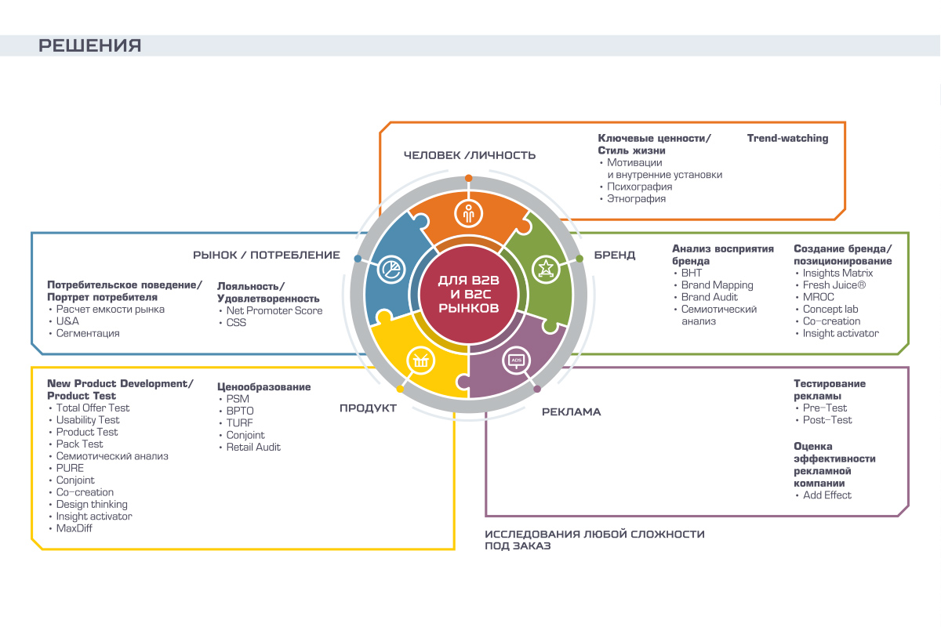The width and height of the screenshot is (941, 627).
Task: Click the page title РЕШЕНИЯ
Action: [90, 45]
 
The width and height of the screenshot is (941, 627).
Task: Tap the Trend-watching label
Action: [787, 139]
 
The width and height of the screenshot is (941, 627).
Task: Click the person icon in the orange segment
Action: [469, 212]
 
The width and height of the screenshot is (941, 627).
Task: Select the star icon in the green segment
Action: [543, 269]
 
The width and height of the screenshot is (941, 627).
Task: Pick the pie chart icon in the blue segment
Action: [390, 270]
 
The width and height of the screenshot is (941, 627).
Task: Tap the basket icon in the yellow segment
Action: [420, 361]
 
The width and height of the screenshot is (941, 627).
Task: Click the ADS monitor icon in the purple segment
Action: [516, 361]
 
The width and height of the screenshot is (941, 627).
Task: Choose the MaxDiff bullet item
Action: [74, 529]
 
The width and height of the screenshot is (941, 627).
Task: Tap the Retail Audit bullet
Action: [253, 448]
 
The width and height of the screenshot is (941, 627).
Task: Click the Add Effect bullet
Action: [827, 495]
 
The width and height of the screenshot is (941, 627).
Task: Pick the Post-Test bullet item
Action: [827, 420]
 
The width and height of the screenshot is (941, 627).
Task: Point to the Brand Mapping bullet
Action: [717, 285]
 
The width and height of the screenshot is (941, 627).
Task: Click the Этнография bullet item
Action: [636, 199]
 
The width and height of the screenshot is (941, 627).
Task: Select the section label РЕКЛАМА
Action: [571, 412]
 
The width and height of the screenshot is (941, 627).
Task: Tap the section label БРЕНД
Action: [615, 256]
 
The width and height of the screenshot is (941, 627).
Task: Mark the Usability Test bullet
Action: [88, 420]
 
